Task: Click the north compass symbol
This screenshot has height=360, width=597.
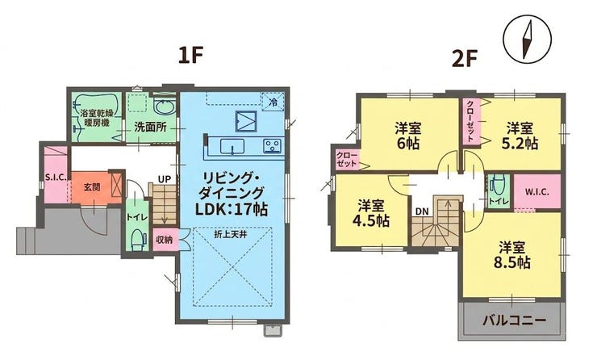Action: tap(527, 40)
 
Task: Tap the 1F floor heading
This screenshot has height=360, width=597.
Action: tap(189, 57)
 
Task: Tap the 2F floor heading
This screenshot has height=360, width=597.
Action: tap(464, 59)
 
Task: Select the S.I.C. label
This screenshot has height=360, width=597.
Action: tap(56, 177)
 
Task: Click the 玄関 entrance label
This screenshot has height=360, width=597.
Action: tap(92, 187)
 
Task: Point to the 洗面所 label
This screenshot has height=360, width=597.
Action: tap(150, 127)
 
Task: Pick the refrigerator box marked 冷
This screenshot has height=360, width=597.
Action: tap(273, 102)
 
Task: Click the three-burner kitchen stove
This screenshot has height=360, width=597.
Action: tap(272, 145)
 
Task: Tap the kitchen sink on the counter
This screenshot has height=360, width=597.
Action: tap(232, 147)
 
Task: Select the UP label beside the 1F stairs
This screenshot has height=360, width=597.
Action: tap(165, 178)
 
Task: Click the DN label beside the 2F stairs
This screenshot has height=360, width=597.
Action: tap(421, 211)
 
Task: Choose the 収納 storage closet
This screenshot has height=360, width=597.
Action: tap(165, 239)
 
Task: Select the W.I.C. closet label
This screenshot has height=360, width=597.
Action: tap(536, 192)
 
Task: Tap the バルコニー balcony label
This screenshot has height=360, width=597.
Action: tap(514, 320)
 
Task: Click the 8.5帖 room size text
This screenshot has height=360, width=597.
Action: tap(511, 263)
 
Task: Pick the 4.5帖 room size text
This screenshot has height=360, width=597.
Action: tap(370, 221)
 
